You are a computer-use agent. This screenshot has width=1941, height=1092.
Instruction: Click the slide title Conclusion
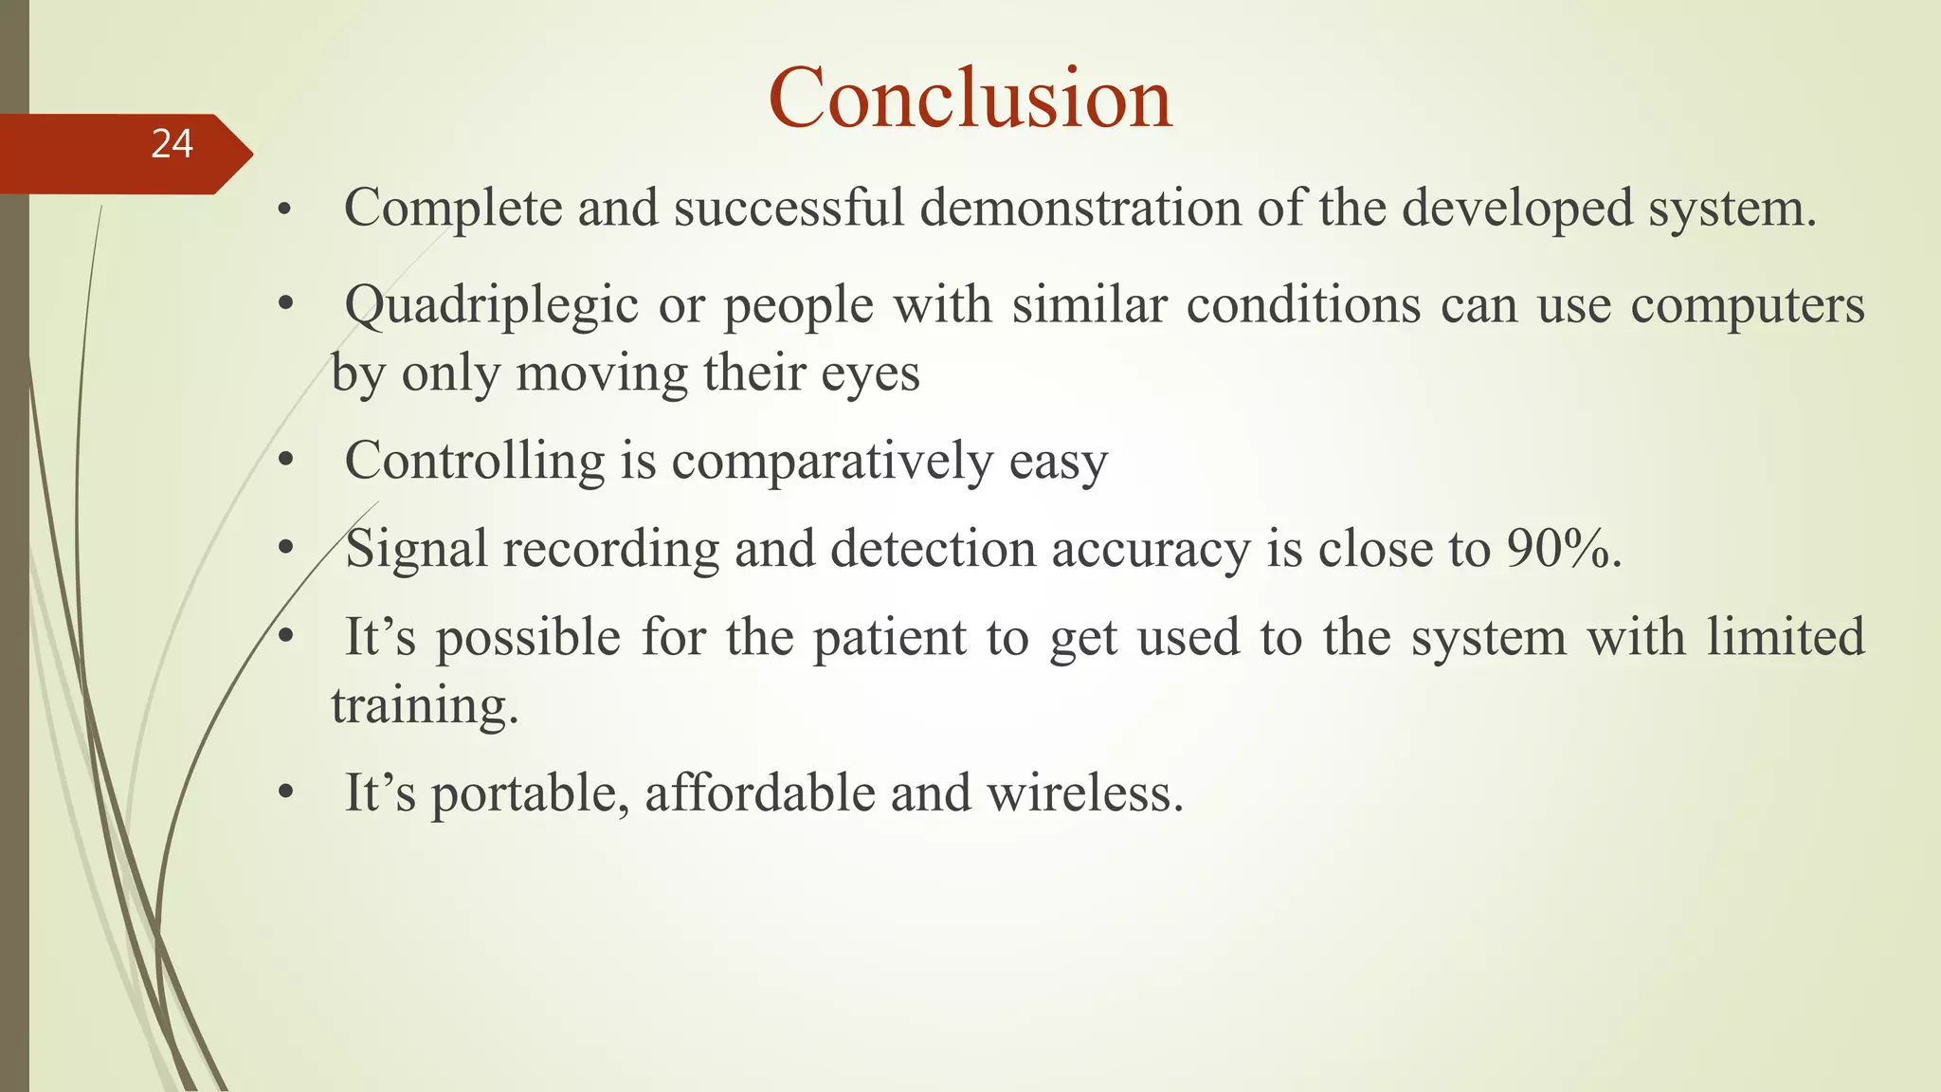(x=970, y=98)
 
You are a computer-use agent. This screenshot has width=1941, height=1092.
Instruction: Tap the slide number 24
(x=172, y=144)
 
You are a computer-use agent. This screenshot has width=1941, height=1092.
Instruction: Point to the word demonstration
(x=1080, y=208)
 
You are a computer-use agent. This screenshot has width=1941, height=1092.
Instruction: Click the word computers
(x=1747, y=307)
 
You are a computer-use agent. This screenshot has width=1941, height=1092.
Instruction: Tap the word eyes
(x=870, y=374)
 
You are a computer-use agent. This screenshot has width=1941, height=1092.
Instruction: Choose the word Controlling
(x=474, y=462)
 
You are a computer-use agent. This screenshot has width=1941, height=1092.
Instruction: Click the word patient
(x=890, y=638)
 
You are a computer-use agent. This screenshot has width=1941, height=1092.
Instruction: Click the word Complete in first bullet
(x=452, y=209)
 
